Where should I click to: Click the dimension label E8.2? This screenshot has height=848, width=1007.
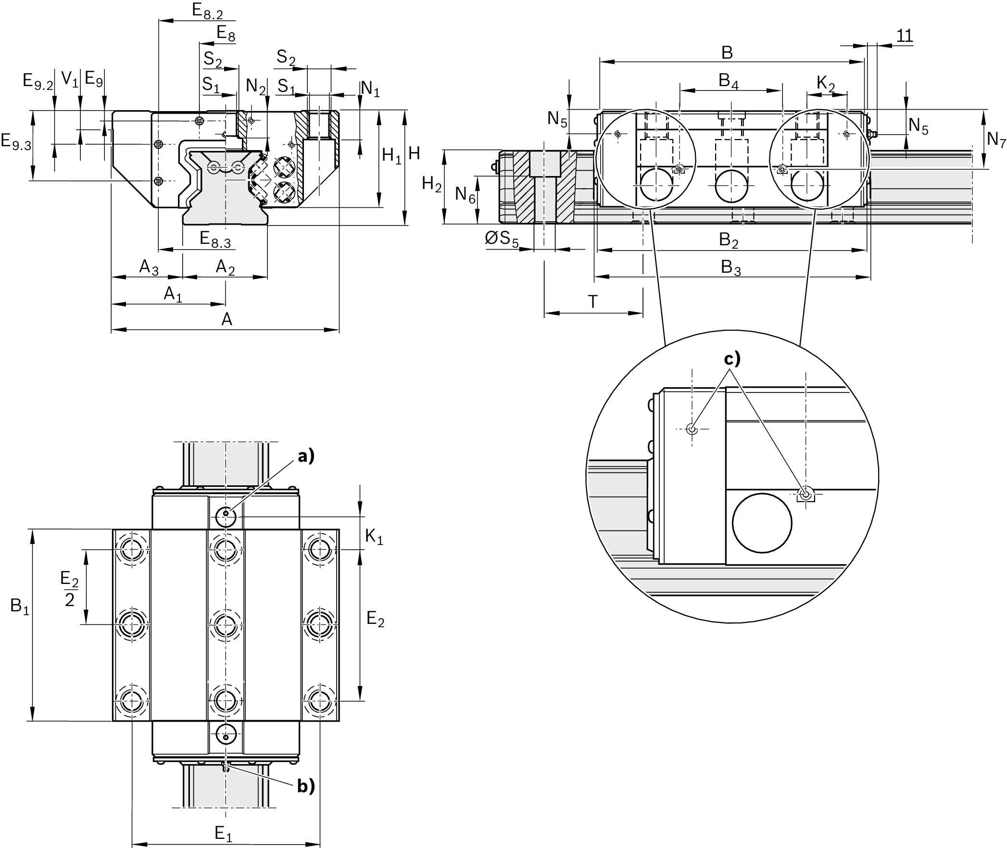(207, 11)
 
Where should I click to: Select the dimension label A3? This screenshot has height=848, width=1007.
(149, 267)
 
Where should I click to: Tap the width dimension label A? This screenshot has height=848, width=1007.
(227, 319)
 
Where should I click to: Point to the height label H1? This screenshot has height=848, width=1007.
(391, 155)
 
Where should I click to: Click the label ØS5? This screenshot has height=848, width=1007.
(502, 239)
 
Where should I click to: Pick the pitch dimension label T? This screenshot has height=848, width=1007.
(593, 302)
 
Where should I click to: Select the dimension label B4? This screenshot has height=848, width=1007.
(729, 81)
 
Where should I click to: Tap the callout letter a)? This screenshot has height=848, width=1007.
(306, 456)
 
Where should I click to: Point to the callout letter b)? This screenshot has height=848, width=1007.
(306, 786)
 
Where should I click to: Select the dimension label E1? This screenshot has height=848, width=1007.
(224, 834)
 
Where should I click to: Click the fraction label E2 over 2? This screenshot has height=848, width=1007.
(70, 590)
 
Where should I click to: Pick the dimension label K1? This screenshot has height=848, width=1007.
(374, 536)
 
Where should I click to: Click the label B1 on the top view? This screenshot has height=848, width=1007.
(20, 607)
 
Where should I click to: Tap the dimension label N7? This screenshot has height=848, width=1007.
(995, 140)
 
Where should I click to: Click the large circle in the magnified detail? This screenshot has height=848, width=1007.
(762, 523)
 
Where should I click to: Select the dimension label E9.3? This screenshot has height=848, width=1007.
(16, 142)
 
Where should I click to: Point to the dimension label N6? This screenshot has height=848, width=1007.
(465, 195)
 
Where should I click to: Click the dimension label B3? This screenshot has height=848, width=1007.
(730, 267)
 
